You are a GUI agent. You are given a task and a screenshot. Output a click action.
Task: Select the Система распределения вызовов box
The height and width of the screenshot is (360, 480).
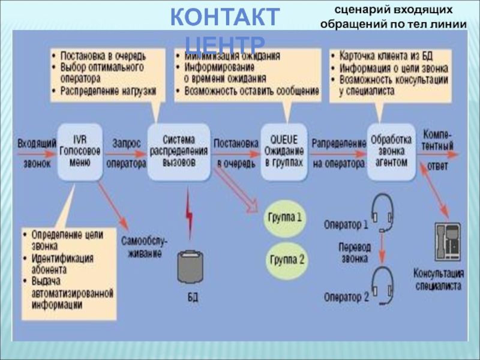pos(179,152)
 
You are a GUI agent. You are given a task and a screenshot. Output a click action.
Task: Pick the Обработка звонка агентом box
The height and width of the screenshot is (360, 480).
pos(391,151)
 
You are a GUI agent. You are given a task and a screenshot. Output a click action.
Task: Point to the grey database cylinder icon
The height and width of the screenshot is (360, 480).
pos(191,267)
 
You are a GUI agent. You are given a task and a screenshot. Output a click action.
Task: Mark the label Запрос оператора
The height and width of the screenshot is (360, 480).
pos(126,152)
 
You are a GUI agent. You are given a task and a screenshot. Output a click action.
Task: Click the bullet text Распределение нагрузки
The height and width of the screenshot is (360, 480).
pos(107,91)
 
